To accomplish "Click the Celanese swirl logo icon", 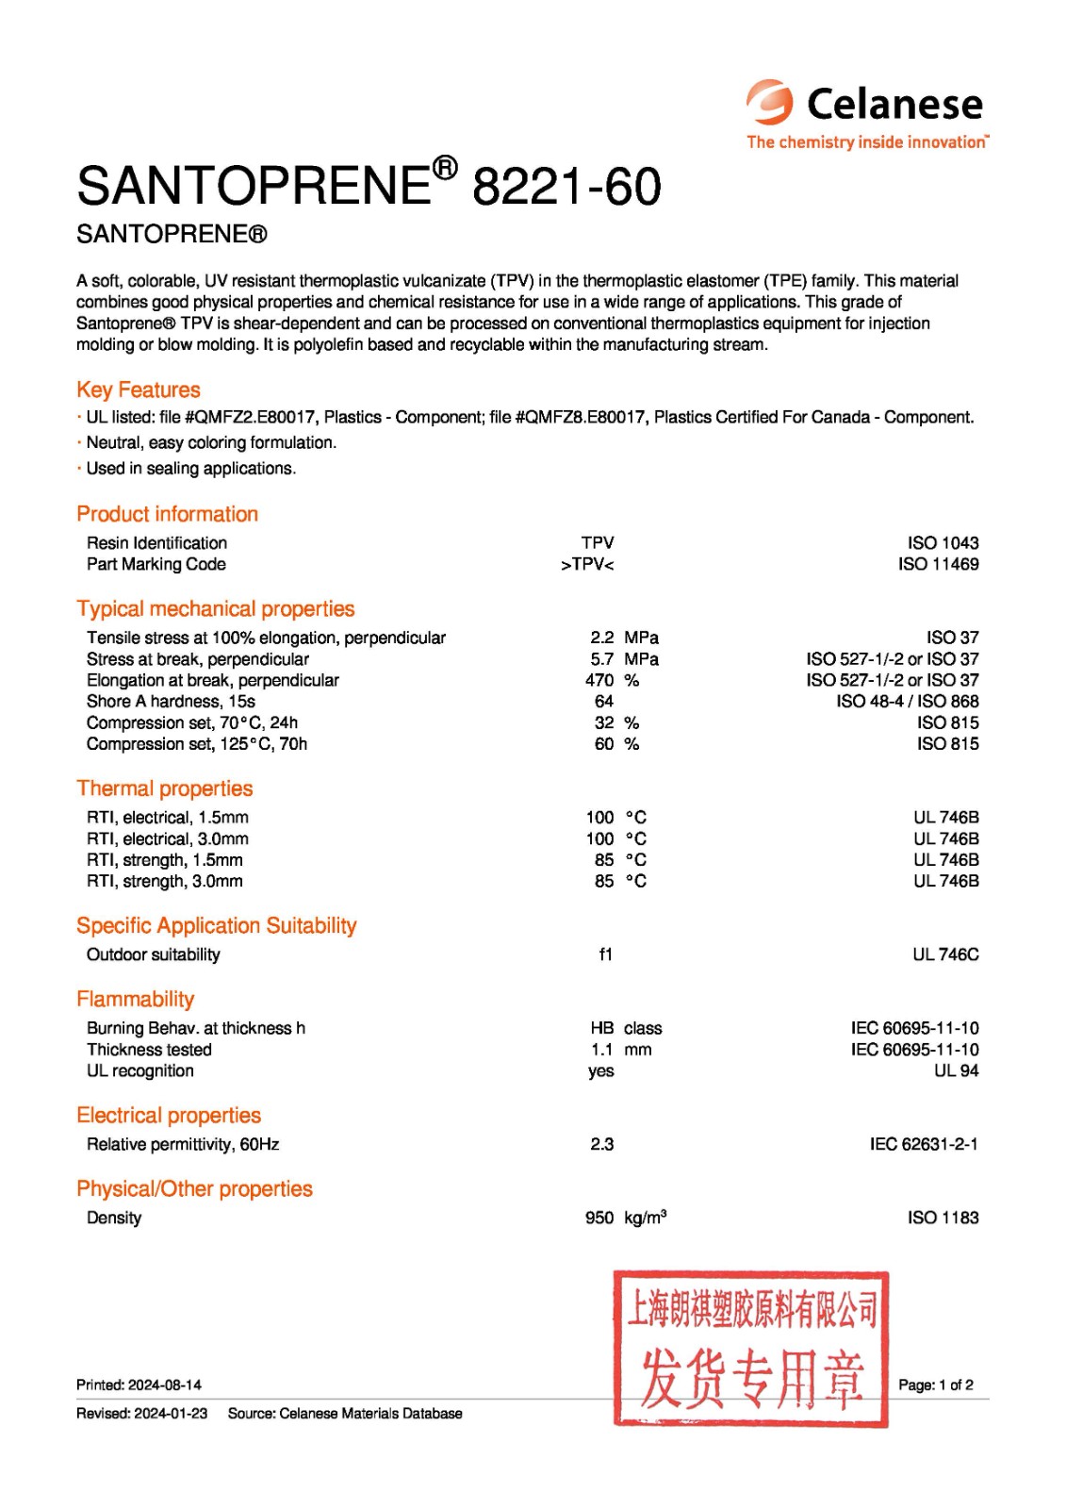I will [770, 102].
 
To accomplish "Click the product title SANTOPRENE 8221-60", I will [369, 185].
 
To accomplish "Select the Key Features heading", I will [139, 390].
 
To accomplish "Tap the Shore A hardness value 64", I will [603, 702].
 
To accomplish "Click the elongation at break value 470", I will [599, 680].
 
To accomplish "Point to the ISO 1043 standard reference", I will [943, 543].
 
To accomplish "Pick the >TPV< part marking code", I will [587, 565].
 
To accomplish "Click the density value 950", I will [599, 1218].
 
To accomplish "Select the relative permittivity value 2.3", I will [601, 1144].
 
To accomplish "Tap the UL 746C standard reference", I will [945, 954].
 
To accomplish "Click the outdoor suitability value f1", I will [605, 954].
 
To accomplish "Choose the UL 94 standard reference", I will [956, 1071].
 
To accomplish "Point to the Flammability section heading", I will [136, 999].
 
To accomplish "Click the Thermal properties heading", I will [165, 788].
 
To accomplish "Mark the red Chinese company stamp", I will [751, 1348].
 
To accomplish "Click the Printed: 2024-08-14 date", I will [139, 1385].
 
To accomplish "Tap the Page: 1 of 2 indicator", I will [935, 1385].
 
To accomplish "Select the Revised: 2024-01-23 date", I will [142, 1413].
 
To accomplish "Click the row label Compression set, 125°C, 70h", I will [197, 744].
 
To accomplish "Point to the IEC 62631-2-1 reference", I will [923, 1144].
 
